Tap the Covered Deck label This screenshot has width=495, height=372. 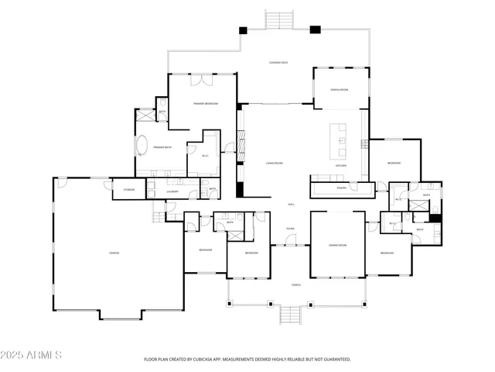coord(278,62)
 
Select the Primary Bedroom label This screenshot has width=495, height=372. coord(205,104)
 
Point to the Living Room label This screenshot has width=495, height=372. coord(275,164)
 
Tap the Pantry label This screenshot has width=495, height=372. coord(341,188)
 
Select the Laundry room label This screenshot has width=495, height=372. coord(173,191)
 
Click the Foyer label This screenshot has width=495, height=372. coord(291,229)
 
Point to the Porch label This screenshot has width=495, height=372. coord(296,285)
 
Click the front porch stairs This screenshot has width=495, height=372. coord(288,316)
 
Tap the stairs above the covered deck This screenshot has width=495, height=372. coord(278,19)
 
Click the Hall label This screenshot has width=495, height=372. coord(291,205)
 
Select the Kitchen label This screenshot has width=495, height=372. coord(340,166)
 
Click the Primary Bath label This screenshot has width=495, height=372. coord(162,147)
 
